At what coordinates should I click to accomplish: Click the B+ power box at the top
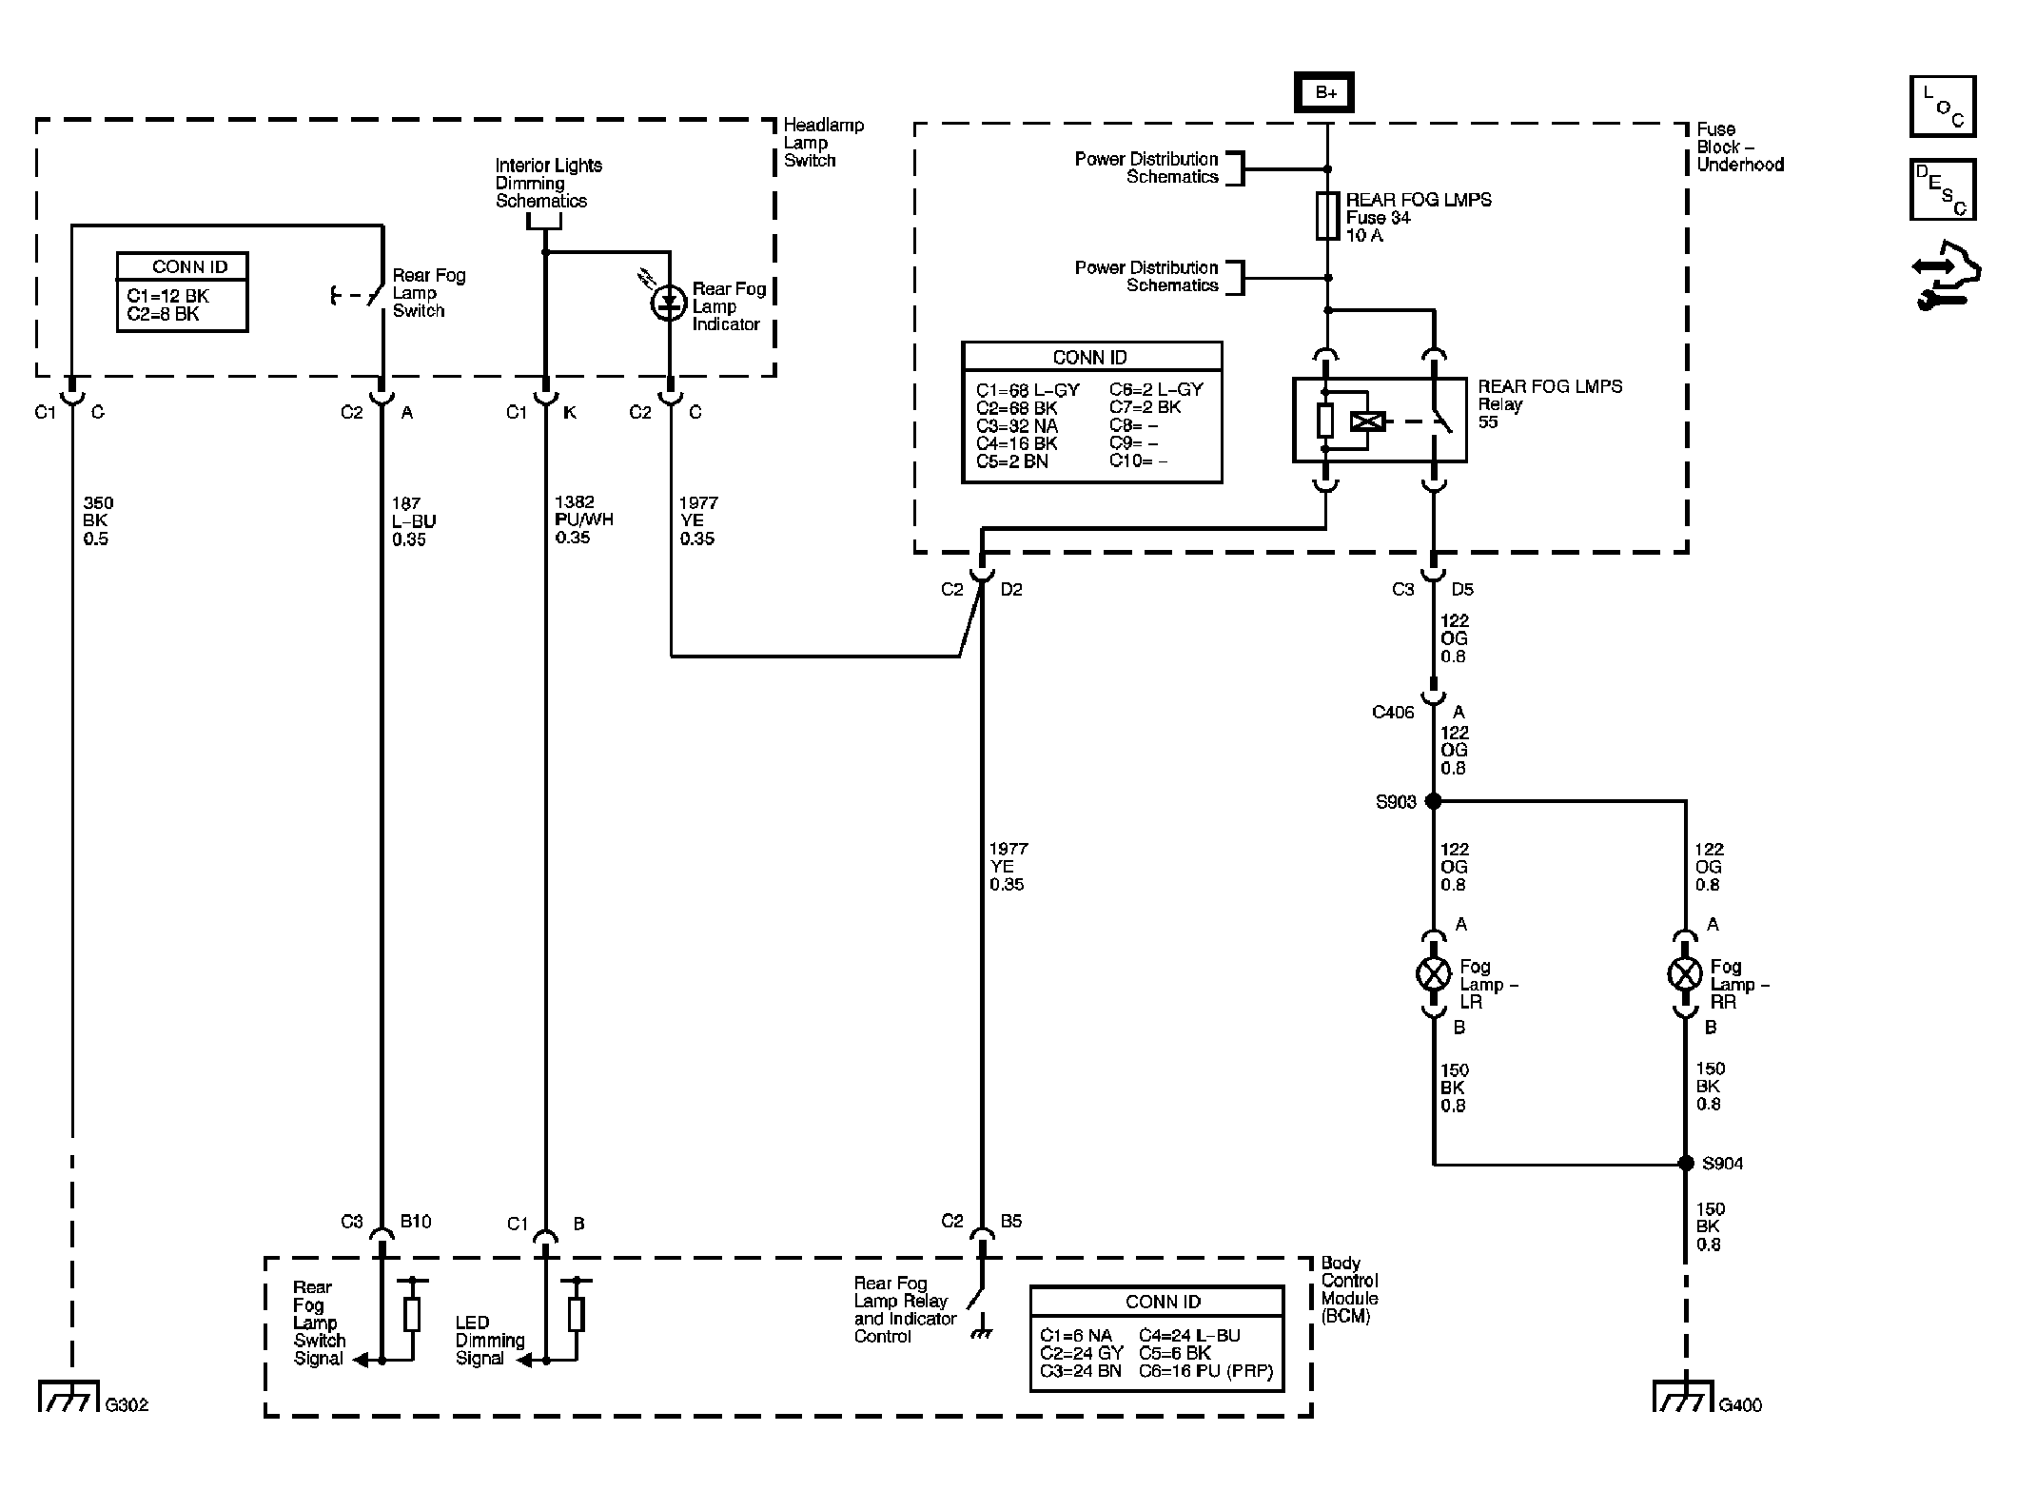click(1326, 92)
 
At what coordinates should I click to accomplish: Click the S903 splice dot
click(1434, 801)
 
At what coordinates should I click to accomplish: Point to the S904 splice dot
click(1685, 1163)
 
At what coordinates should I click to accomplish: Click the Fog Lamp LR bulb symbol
click(1434, 973)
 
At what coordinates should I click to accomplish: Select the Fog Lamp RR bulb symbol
click(1685, 973)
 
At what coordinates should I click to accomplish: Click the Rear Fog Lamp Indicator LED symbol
click(670, 303)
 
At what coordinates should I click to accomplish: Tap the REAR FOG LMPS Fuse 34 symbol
click(1327, 217)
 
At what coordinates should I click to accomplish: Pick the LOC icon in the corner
click(1943, 107)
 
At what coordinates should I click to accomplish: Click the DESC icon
click(1943, 190)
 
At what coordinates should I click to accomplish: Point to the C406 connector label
click(1393, 713)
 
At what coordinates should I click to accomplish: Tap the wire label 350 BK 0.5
click(98, 520)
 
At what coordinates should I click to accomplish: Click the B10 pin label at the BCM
click(416, 1221)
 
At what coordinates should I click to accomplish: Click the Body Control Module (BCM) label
click(1350, 1289)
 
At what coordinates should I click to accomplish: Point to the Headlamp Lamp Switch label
click(824, 143)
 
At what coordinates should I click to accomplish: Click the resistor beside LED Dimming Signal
click(576, 1315)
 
